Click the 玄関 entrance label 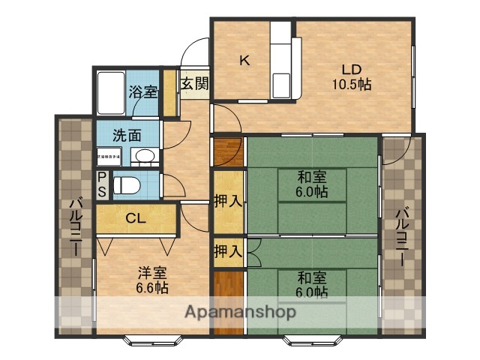click(x=193, y=83)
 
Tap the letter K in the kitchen click(x=244, y=61)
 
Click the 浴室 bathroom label click(x=143, y=92)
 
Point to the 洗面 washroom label click(x=127, y=136)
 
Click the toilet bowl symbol click(x=127, y=183)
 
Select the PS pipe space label click(x=103, y=184)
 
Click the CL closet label click(x=136, y=219)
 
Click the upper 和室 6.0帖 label click(x=311, y=184)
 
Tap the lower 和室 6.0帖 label click(x=311, y=283)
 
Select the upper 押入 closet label click(x=228, y=201)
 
